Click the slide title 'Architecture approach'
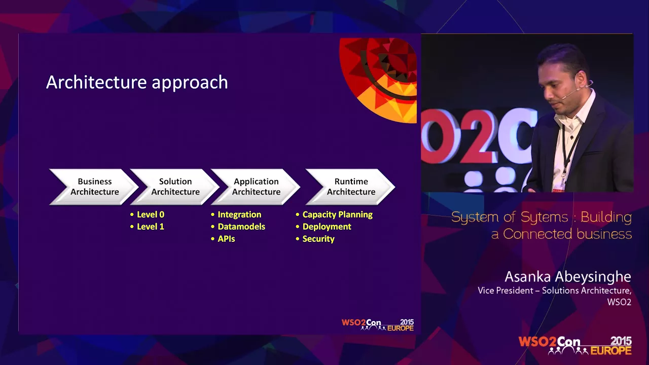(x=137, y=83)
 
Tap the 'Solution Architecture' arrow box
(x=175, y=187)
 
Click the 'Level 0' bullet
(x=147, y=214)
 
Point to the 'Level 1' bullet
(x=147, y=227)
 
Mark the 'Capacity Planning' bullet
(x=334, y=214)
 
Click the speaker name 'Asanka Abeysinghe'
(x=568, y=277)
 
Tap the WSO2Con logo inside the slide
(x=378, y=325)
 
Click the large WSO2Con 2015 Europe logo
(x=575, y=345)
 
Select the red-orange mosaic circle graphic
(x=378, y=80)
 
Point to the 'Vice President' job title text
(x=506, y=290)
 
